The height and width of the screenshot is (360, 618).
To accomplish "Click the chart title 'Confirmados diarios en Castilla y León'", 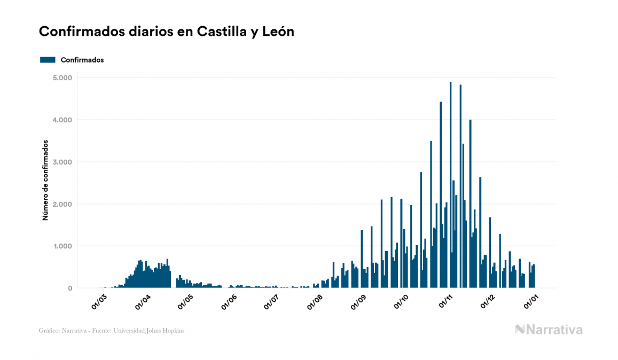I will point(167,32).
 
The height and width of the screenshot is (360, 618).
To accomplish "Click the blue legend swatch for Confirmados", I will point(48,60).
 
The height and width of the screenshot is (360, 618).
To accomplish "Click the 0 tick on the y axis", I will point(70,288).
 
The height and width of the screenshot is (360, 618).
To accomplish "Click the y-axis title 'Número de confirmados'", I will point(45,181).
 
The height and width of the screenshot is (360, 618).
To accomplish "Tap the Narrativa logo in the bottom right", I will point(549,330).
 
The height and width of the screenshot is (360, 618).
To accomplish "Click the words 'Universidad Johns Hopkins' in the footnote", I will point(155,331).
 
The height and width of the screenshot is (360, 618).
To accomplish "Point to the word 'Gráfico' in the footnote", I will point(49,331).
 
